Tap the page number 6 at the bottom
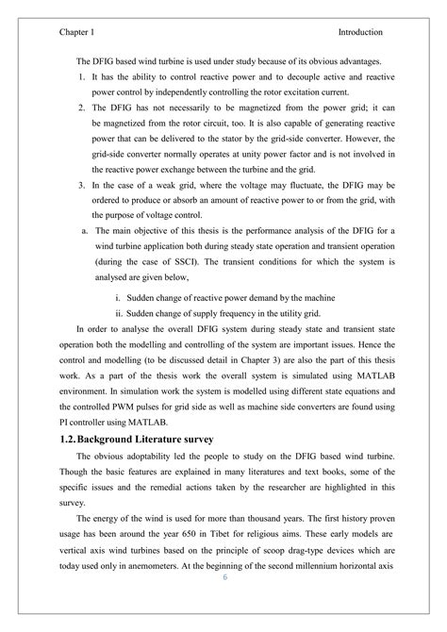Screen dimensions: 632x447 tap(224, 605)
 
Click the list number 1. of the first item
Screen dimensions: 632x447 tap(82, 74)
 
